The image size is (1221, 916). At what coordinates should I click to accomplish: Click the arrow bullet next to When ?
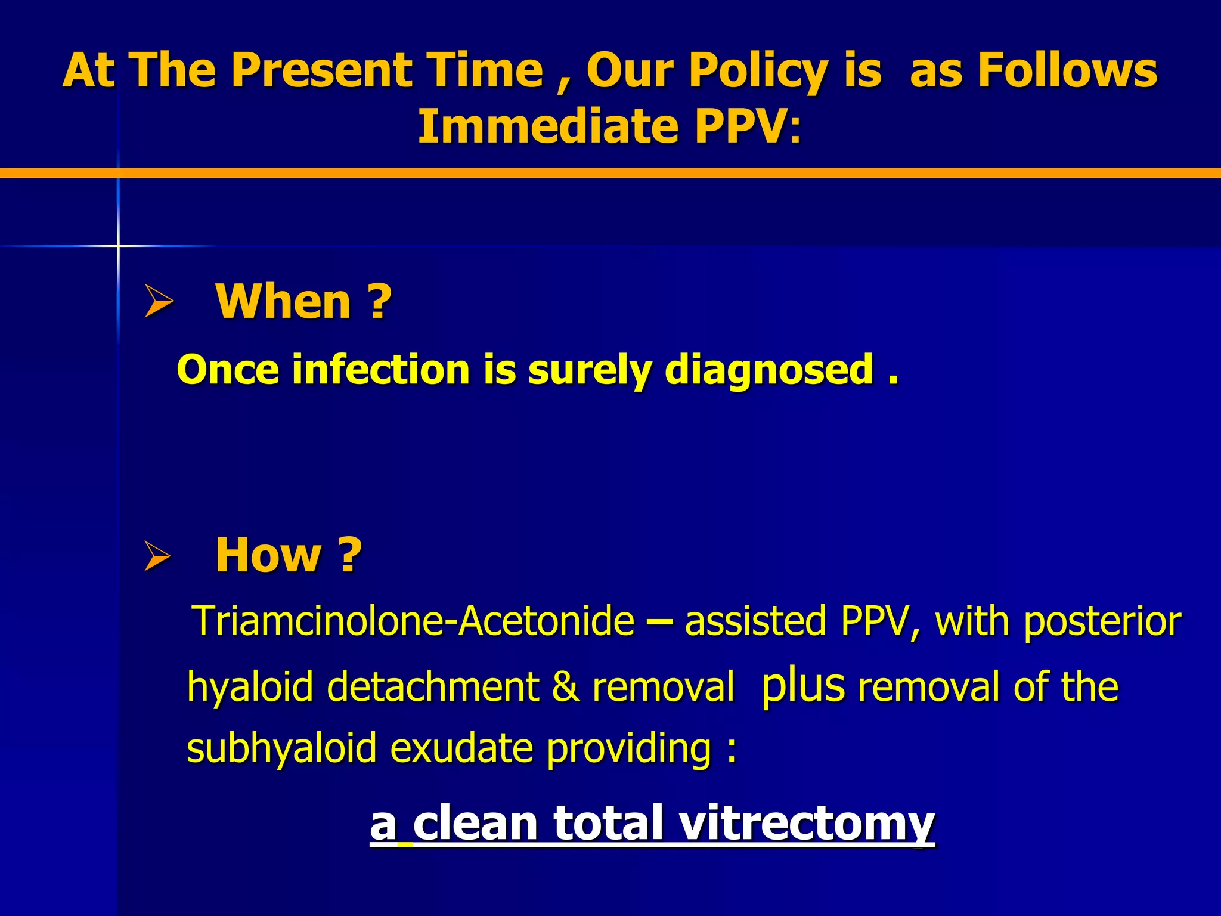click(159, 301)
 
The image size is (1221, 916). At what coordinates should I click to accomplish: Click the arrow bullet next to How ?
click(158, 556)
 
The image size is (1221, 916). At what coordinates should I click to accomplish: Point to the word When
click(283, 302)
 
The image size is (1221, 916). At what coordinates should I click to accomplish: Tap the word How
click(268, 555)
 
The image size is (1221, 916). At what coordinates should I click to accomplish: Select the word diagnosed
click(769, 370)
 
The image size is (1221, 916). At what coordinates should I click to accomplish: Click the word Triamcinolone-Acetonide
click(415, 621)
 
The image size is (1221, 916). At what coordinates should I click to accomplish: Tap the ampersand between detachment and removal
click(565, 687)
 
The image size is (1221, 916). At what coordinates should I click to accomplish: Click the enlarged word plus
click(802, 685)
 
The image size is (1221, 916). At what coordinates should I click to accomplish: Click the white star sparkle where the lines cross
click(118, 246)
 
